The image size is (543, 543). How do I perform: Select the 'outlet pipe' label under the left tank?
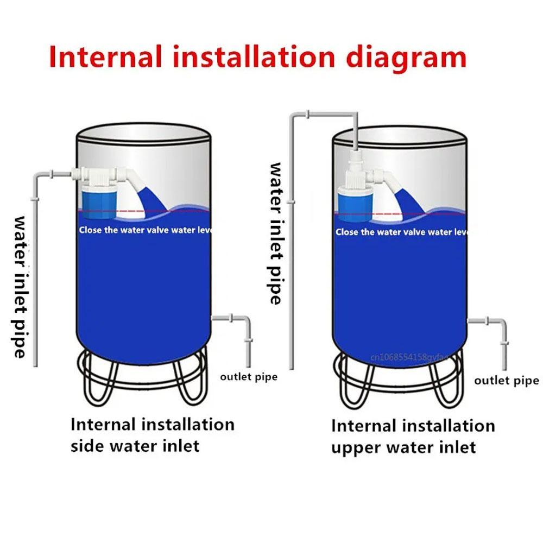(x=248, y=376)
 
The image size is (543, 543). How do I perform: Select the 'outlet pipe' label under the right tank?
(x=506, y=380)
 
